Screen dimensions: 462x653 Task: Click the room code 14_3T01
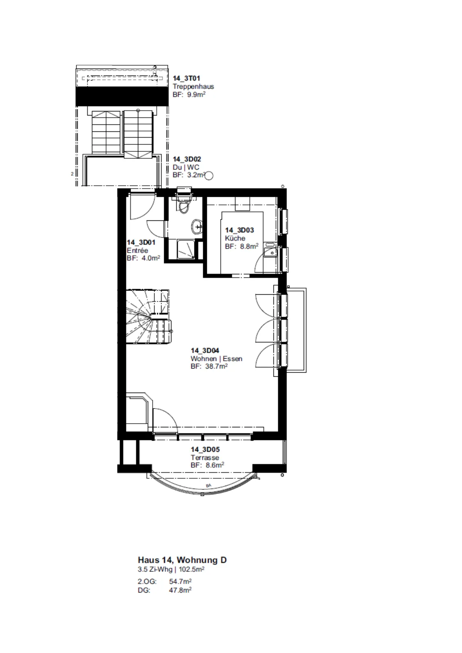(186, 78)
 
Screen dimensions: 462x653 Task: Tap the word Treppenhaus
(193, 87)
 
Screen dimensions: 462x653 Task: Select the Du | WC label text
(186, 167)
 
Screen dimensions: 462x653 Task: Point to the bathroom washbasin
(197, 226)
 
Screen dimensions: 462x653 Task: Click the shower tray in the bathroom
(185, 249)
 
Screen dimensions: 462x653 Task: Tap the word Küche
(235, 238)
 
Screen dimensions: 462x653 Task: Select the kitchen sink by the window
(271, 250)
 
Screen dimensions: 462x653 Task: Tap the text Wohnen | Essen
(216, 359)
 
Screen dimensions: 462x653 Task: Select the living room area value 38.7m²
(216, 366)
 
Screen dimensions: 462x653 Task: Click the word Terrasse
(204, 458)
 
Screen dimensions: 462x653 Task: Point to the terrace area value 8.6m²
(215, 465)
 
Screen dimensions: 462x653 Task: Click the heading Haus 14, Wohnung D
(182, 560)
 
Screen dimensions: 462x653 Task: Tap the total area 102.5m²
(191, 569)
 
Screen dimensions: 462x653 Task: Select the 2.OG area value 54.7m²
(180, 582)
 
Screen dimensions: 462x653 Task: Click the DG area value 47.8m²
(180, 590)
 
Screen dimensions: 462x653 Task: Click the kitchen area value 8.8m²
(249, 247)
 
